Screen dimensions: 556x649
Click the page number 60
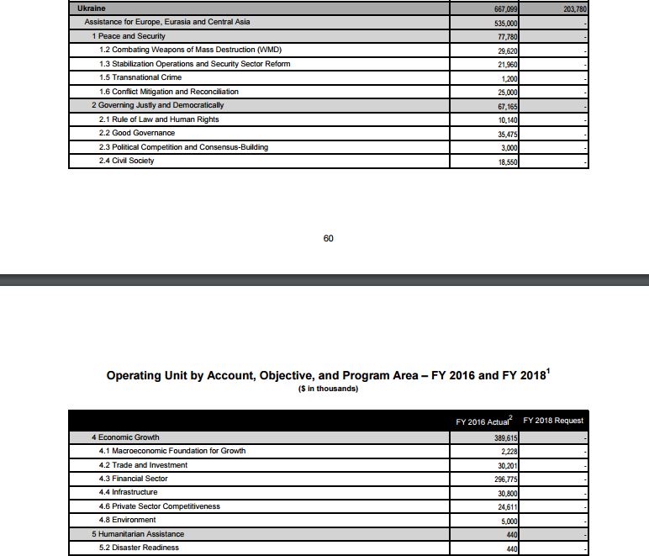(328, 239)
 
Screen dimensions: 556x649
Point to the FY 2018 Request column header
(552, 421)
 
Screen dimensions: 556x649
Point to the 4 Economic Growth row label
(125, 437)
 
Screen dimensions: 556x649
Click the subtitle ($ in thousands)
(328, 389)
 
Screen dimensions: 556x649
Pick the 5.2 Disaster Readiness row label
(139, 548)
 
